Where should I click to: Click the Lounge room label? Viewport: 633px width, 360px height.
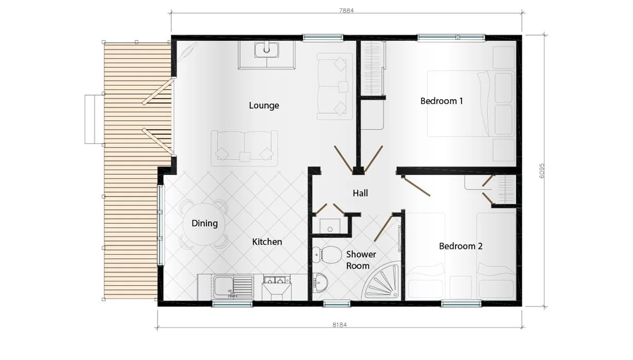coord(264,105)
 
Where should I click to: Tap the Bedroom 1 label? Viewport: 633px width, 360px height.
coord(442,101)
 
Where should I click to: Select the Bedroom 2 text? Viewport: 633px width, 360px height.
coord(461,246)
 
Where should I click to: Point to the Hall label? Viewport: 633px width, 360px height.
coord(360,193)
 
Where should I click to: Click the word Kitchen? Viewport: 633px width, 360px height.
coord(267,241)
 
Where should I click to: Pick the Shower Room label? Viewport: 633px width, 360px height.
coord(360,260)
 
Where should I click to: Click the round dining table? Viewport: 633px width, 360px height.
coord(204,224)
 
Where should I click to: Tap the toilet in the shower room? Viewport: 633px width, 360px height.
coord(327,254)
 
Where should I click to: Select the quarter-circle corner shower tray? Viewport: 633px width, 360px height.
coord(383,283)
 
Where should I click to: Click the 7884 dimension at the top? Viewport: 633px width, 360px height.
coord(346,10)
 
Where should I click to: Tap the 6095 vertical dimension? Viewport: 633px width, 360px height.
coord(542,170)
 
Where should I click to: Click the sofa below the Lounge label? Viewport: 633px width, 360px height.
coord(244,148)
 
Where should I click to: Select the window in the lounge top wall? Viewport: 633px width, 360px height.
coord(323,38)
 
